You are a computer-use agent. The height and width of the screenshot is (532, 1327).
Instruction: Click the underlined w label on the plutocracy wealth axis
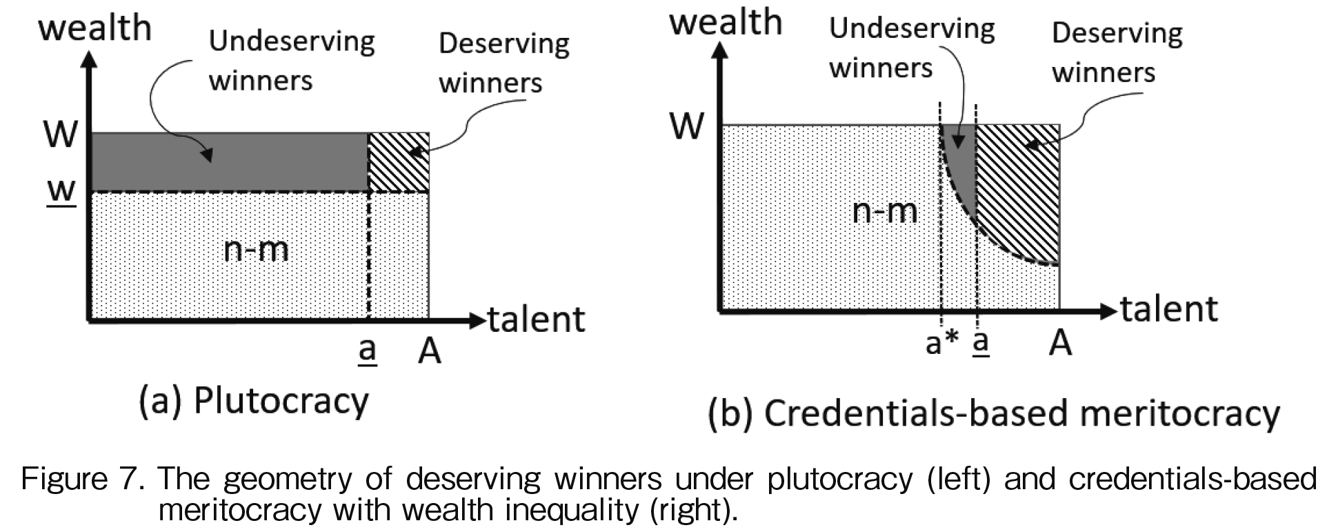point(61,191)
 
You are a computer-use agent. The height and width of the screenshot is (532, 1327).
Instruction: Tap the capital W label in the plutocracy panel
point(61,134)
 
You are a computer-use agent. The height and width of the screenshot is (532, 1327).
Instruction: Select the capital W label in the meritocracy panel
point(687,126)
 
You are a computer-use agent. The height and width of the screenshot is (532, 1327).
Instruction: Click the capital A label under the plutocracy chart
point(429,351)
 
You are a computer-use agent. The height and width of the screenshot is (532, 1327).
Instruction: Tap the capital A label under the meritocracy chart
point(1060,342)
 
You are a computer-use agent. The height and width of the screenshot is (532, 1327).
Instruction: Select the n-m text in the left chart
point(257,248)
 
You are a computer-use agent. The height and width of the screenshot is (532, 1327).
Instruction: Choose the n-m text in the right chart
point(885,210)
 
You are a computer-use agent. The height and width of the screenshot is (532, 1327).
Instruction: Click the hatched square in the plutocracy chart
point(399,162)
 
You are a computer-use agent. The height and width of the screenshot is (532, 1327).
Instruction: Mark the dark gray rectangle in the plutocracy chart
point(230,162)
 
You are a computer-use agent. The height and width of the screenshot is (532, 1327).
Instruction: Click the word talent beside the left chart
point(537,319)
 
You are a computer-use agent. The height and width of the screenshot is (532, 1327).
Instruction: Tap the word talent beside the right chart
point(1169,308)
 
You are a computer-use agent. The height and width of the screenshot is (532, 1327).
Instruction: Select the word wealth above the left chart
point(95,28)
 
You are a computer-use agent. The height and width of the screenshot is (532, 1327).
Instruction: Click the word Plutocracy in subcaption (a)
point(281,402)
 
